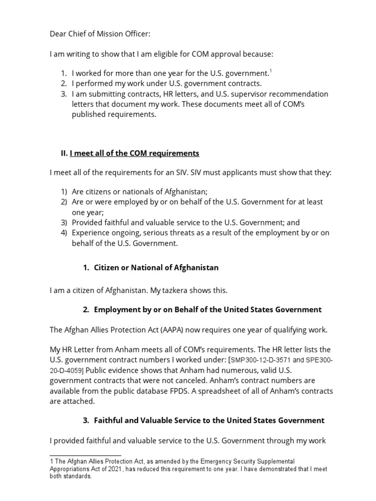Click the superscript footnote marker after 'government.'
pos(271,71)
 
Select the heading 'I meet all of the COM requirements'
pos(135,153)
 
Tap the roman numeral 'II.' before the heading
pos(64,153)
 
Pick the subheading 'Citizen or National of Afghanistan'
pos(156,268)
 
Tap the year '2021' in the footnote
pos(113,469)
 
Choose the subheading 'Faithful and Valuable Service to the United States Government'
pos(209,420)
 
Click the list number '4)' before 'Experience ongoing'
pos(64,232)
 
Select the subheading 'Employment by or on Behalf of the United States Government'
pos(208,310)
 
